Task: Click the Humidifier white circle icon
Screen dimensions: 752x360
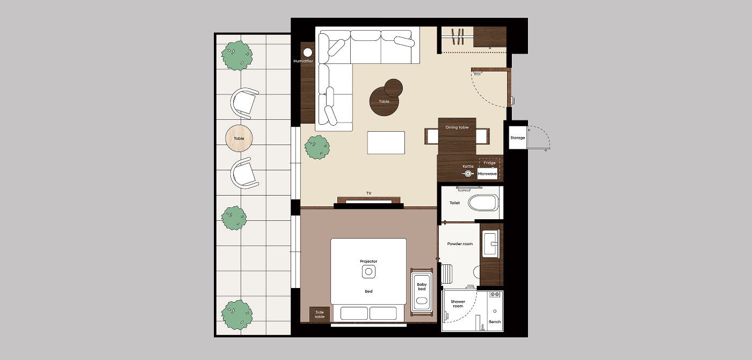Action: [x=307, y=53]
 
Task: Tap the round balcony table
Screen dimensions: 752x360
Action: [x=239, y=139]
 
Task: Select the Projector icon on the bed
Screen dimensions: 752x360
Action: [x=368, y=272]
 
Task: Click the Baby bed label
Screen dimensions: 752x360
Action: [x=422, y=286]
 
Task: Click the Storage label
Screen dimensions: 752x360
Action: [x=517, y=138]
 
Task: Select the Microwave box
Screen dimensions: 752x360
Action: [x=487, y=174]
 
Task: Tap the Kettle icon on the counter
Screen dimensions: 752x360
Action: [x=468, y=174]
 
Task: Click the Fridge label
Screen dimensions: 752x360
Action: [x=489, y=163]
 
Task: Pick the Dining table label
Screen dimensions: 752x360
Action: [x=457, y=127]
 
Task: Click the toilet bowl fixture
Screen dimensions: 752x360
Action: [x=483, y=203]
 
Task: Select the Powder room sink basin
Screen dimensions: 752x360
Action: [x=491, y=244]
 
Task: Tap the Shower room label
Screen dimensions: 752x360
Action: [x=458, y=304]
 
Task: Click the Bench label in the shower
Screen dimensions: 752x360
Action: [x=495, y=322]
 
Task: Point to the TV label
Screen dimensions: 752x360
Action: [x=368, y=193]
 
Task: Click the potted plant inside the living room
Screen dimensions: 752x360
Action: [x=317, y=147]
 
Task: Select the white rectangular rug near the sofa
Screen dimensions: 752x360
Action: [x=386, y=143]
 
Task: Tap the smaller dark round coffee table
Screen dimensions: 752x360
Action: [x=393, y=88]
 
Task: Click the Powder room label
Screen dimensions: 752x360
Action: [x=460, y=244]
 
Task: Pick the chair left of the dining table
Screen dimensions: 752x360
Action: [x=431, y=136]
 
